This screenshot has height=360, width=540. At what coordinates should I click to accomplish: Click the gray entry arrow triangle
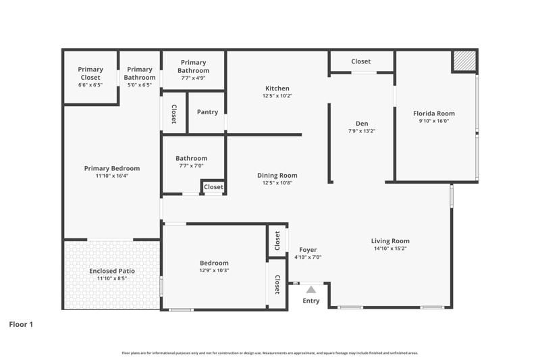click(311, 289)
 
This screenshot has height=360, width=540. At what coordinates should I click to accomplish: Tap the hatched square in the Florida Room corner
click(464, 61)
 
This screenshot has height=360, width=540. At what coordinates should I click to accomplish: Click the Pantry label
click(207, 112)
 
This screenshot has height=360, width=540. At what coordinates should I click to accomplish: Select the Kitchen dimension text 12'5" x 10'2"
click(277, 96)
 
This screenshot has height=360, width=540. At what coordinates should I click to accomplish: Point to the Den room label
click(362, 124)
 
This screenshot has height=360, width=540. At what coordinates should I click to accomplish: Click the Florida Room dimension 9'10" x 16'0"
click(434, 121)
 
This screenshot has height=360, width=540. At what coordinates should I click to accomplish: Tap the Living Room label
click(390, 241)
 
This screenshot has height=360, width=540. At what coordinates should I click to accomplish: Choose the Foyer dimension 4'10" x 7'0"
click(308, 257)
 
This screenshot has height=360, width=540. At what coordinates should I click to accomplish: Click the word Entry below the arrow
click(311, 301)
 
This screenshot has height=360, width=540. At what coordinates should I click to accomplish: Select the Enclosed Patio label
click(112, 271)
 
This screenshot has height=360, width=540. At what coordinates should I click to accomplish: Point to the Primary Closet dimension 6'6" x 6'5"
click(90, 84)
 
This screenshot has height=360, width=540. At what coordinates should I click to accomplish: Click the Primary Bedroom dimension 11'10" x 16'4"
click(112, 176)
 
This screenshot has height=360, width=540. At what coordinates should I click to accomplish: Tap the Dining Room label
click(277, 176)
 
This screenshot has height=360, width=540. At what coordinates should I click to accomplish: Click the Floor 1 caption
click(21, 324)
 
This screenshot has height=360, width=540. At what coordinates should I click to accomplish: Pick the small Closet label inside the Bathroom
click(213, 186)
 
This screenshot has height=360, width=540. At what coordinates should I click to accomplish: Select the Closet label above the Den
click(361, 61)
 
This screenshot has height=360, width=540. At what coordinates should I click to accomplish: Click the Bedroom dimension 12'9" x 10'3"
click(214, 270)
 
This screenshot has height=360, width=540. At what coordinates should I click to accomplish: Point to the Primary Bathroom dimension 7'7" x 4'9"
click(193, 78)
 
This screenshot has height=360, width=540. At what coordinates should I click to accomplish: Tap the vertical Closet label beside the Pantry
click(174, 114)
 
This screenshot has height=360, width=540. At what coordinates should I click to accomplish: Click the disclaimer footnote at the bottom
click(270, 353)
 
